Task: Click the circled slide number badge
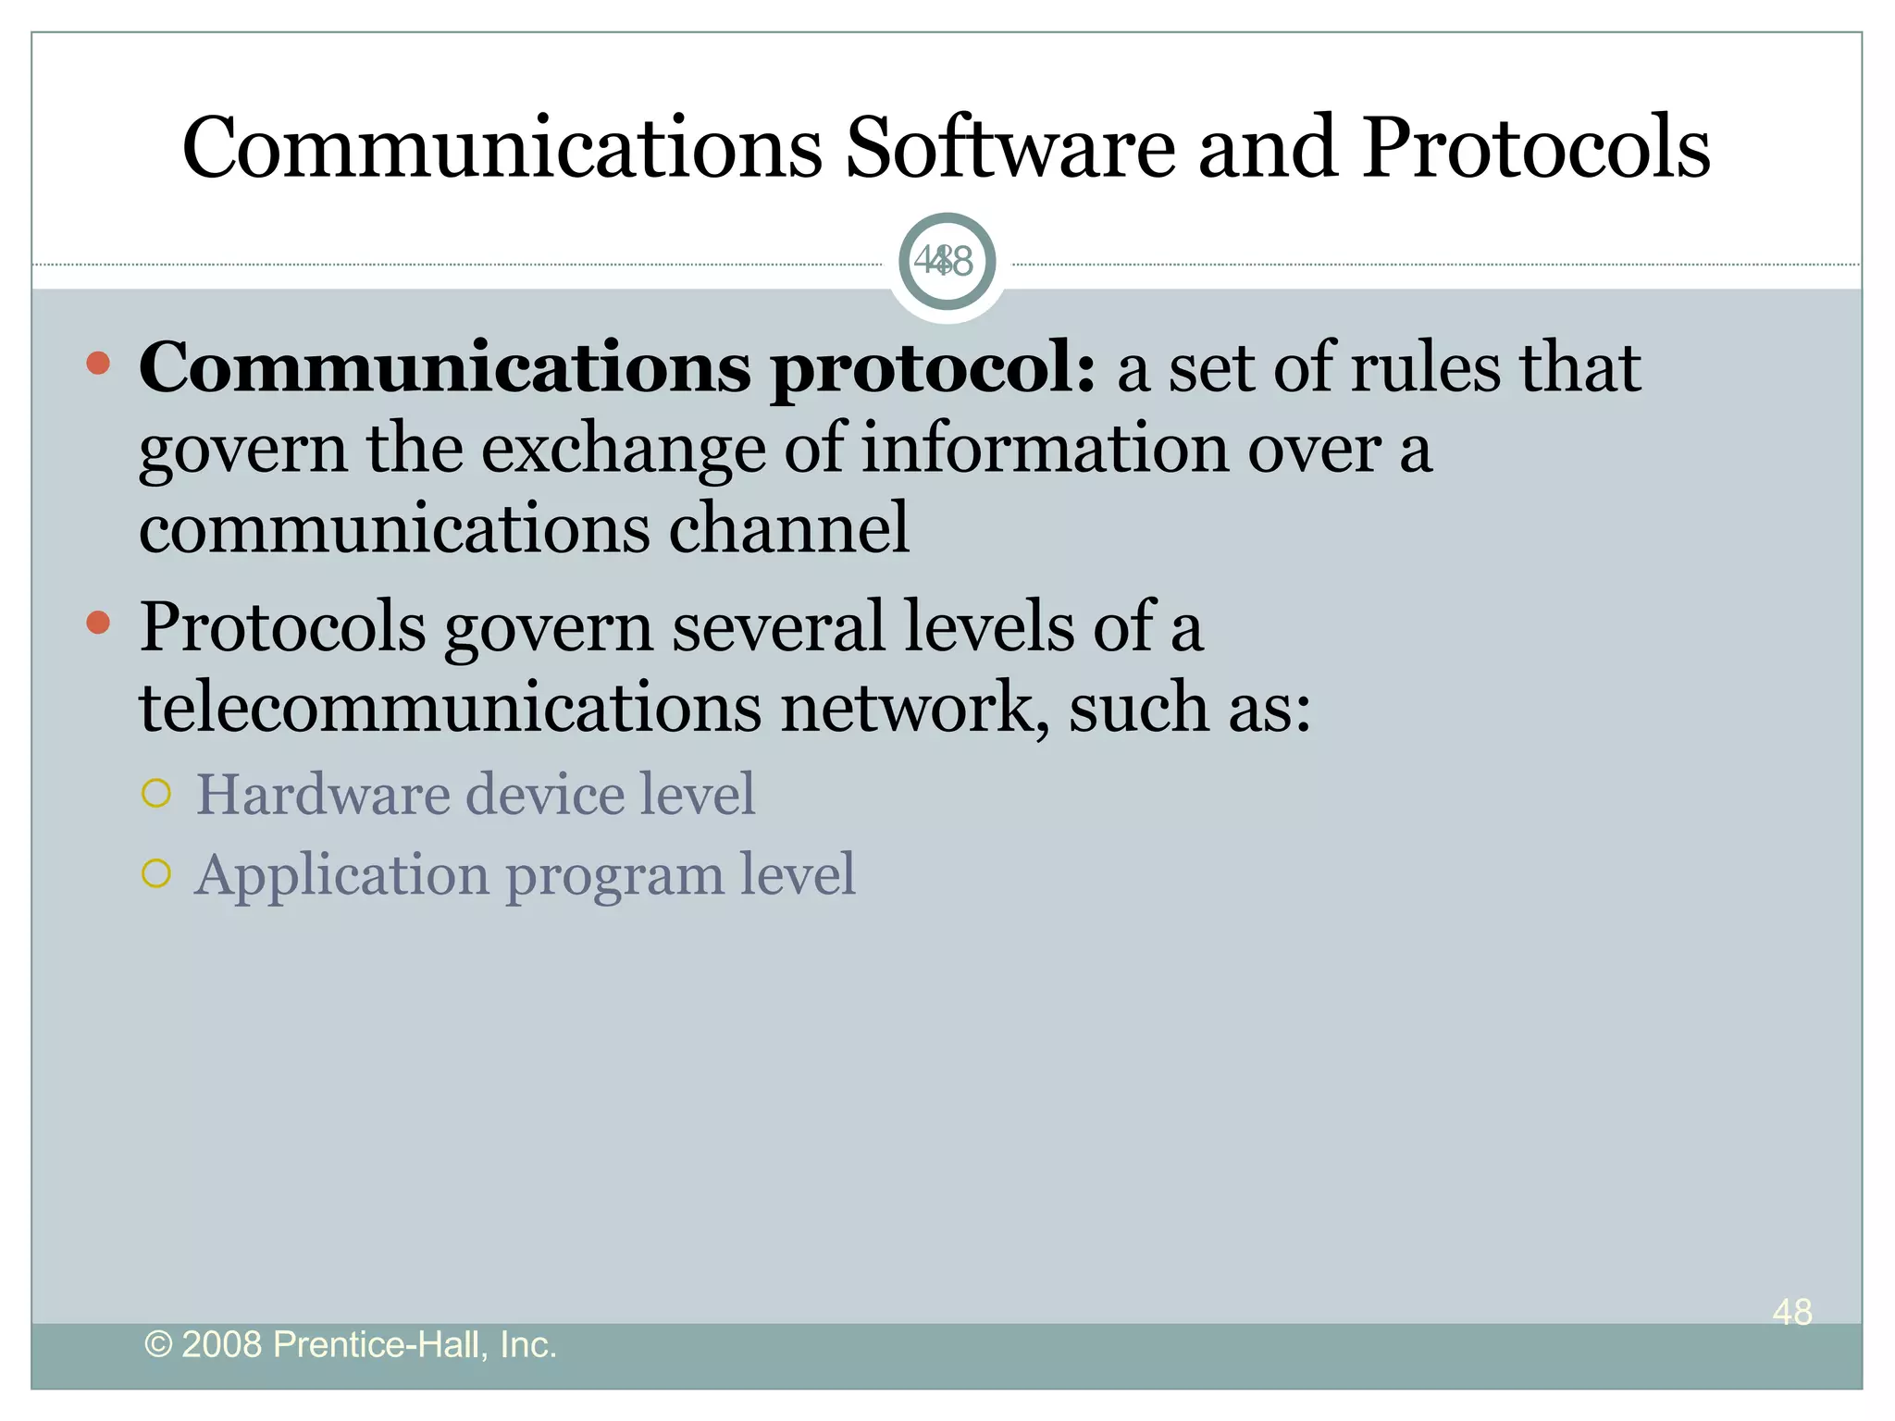tap(947, 262)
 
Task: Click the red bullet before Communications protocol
tap(98, 364)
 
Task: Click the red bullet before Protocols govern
tap(98, 623)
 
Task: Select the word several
tap(778, 627)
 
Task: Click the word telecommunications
tap(450, 708)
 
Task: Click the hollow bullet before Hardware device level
tap(157, 794)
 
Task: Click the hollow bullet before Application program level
tap(157, 873)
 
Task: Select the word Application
tap(341, 876)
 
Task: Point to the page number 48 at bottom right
tap(1792, 1312)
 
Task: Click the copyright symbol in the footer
tap(159, 1345)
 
